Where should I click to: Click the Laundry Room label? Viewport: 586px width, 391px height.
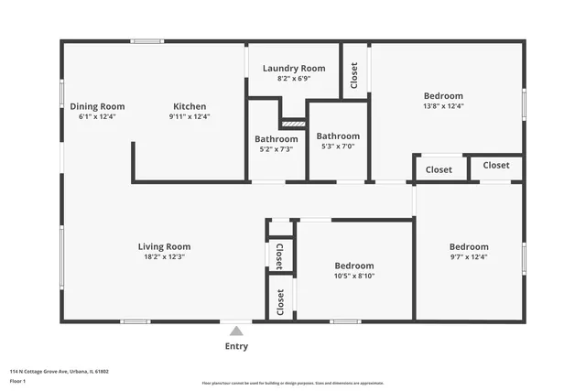click(294, 69)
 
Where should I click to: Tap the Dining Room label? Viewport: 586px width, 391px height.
click(97, 106)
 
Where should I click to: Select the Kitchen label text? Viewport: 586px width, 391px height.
click(190, 106)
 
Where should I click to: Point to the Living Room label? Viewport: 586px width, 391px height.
click(164, 246)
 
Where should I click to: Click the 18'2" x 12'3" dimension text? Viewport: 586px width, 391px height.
click(164, 257)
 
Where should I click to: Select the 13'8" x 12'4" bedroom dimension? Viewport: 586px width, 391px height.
click(443, 106)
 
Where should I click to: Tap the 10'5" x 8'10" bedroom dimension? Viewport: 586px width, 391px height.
click(353, 276)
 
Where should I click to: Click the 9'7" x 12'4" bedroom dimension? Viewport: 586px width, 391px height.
click(468, 257)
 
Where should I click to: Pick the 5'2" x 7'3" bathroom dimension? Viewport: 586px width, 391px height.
click(276, 149)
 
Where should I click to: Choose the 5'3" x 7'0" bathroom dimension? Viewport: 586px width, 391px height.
click(338, 147)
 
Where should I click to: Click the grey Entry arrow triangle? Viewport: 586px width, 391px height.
click(236, 331)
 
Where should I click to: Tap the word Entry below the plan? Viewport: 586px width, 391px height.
click(236, 346)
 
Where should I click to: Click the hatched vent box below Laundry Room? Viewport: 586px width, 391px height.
click(293, 123)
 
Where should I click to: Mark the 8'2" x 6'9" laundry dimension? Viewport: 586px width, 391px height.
click(294, 79)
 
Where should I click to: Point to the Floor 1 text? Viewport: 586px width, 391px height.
click(19, 381)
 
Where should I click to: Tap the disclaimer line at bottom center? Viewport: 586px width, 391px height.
click(293, 383)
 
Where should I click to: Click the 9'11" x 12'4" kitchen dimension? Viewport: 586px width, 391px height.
click(190, 116)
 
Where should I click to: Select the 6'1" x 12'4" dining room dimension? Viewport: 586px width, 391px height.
click(97, 116)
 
